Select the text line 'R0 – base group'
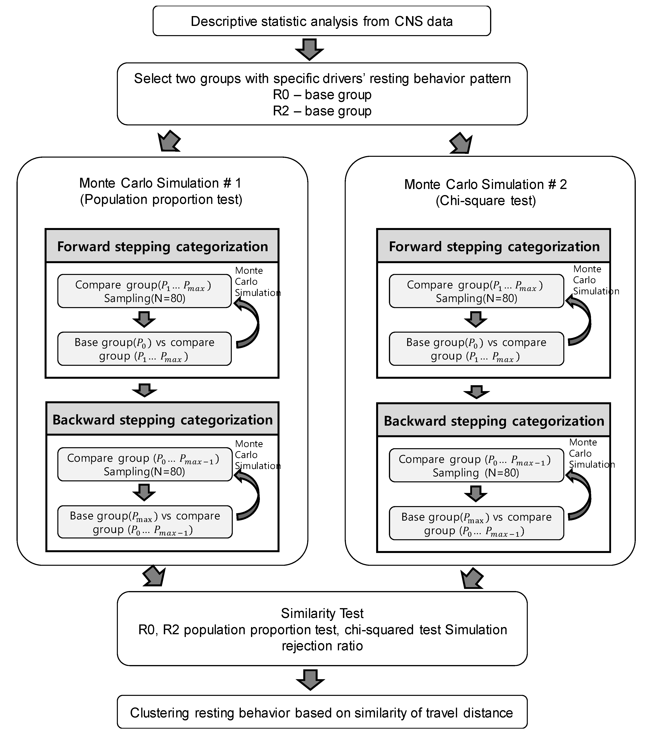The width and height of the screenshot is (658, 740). click(x=322, y=95)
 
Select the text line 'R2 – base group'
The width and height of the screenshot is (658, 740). click(x=322, y=111)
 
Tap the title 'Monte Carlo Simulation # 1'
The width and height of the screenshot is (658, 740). click(x=160, y=183)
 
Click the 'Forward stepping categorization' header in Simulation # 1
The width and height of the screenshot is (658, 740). click(x=162, y=246)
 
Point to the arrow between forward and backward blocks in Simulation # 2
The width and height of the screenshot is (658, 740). click(x=477, y=392)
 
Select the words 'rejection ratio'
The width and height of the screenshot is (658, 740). click(x=322, y=646)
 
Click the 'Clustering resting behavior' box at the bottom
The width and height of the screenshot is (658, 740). click(x=322, y=713)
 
